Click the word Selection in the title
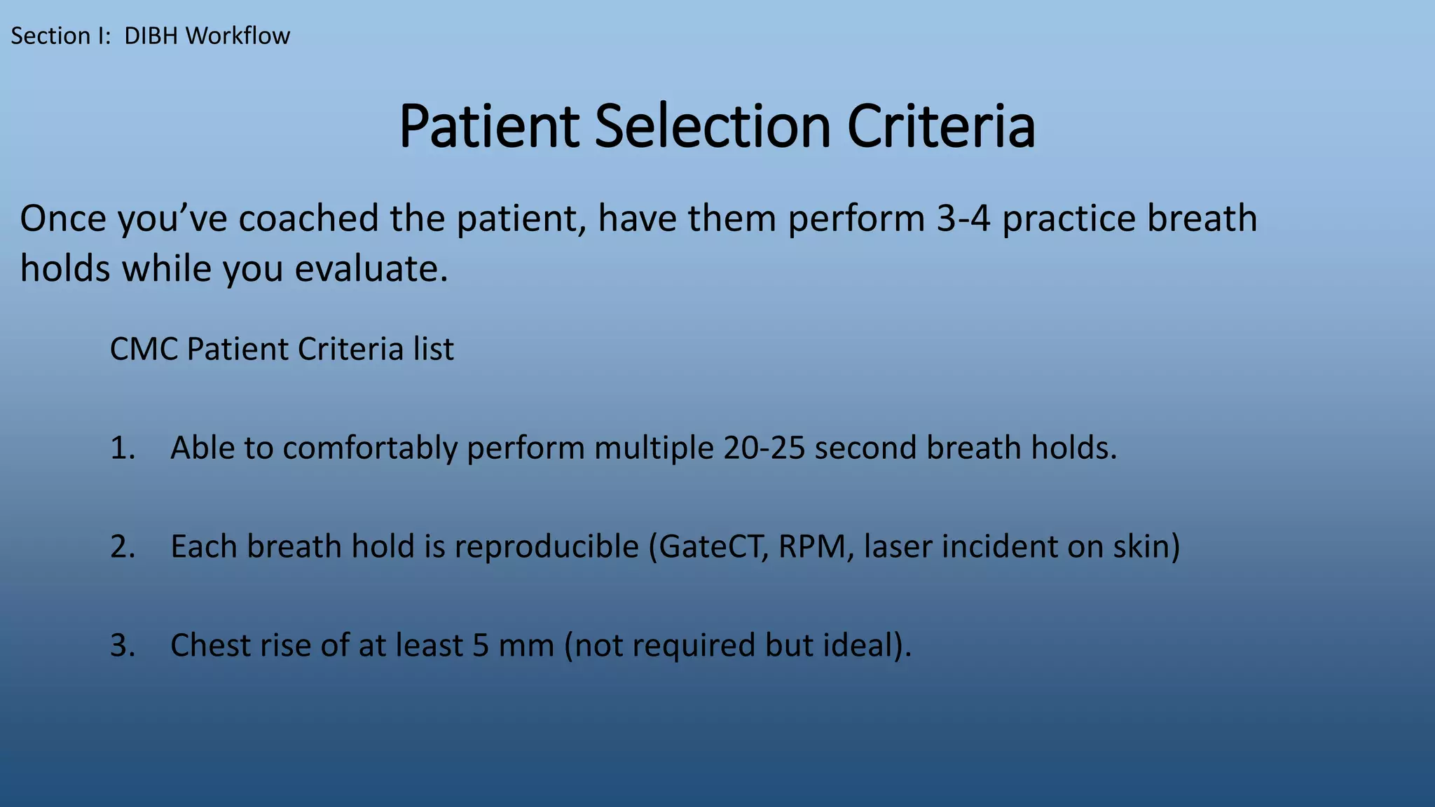tap(712, 127)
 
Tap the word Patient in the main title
tap(488, 127)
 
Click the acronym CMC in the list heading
tap(144, 349)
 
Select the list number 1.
tap(121, 448)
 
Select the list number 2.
tap(121, 547)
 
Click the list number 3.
tap(121, 646)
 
